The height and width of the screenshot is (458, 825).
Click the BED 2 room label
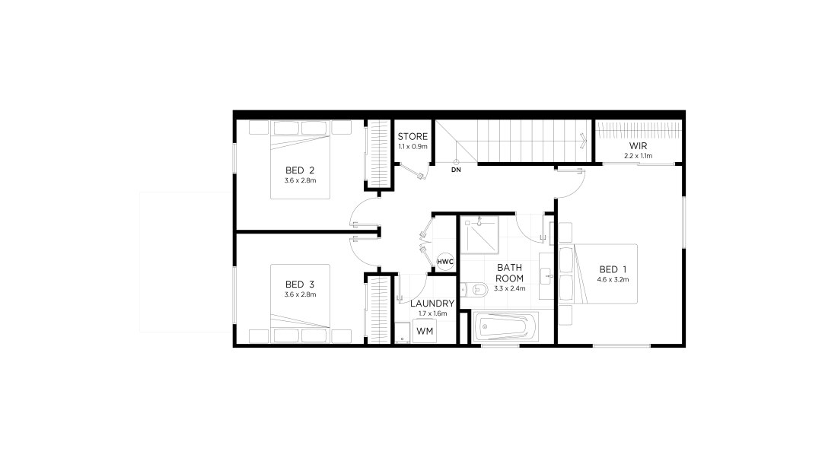300,170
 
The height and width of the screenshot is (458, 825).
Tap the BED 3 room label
300,285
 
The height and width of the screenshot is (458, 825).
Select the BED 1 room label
613,270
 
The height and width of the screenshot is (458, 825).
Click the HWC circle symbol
445,262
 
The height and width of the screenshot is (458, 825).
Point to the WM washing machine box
425,331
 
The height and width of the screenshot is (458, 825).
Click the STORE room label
412,137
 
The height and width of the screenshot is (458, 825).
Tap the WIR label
638,145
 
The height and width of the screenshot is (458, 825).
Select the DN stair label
456,170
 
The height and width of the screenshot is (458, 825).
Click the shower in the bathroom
479,234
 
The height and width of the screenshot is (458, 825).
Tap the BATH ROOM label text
509,273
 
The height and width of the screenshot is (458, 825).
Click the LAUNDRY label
432,304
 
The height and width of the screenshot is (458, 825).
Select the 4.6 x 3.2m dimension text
613,280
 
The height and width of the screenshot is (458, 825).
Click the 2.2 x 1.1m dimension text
638,156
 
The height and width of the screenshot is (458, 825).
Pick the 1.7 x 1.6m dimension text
432,313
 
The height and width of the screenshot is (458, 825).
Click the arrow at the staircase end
583,141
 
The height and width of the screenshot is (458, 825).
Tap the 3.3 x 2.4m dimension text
509,288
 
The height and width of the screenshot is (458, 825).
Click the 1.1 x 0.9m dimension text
412,147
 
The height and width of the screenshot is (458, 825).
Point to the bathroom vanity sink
546,275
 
